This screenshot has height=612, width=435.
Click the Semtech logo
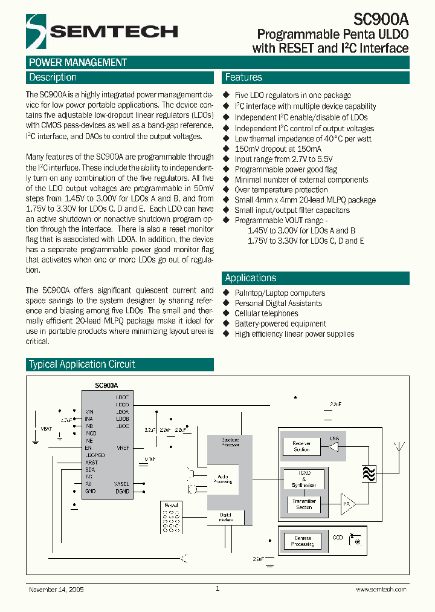coord(101,31)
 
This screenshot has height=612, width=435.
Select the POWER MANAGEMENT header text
coord(78,62)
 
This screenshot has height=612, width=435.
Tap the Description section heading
coord(53,77)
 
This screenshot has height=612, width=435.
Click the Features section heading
coord(243,77)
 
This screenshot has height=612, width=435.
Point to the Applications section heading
coord(251,278)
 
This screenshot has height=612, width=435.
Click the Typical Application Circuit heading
coord(82,365)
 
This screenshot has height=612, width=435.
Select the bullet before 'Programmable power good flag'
coord(227,170)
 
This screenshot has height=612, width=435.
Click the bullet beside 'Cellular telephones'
coord(227,314)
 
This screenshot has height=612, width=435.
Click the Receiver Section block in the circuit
coord(301,446)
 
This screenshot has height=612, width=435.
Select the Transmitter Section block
coord(304,504)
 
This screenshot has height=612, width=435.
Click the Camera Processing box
coord(302,541)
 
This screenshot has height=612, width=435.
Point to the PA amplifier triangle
coord(347,503)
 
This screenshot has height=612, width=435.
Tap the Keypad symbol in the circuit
coord(170,517)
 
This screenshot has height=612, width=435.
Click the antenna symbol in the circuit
coord(399,448)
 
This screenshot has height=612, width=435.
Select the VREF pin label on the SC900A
coord(123,448)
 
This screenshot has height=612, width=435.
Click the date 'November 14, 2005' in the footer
coord(56,589)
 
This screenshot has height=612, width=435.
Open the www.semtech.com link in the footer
coord(381,589)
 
